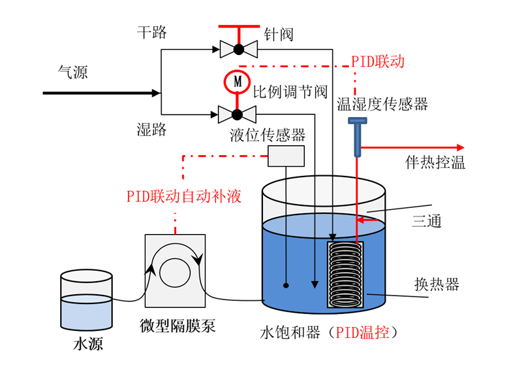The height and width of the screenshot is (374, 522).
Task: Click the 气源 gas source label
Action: [72, 73]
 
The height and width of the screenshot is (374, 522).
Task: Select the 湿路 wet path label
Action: [151, 129]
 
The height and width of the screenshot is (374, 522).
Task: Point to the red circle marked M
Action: [238, 82]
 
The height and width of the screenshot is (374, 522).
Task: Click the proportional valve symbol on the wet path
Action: [238, 115]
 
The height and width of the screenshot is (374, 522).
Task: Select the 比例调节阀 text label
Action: [290, 92]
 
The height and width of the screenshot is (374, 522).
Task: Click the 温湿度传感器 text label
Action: [382, 104]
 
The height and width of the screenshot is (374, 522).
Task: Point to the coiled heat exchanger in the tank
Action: [346, 275]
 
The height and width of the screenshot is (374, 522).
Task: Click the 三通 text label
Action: [426, 221]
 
